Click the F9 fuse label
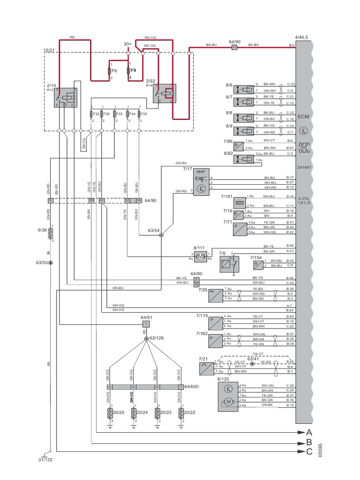(133, 71)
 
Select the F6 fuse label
(115, 71)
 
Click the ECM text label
(304, 116)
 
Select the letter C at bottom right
(308, 452)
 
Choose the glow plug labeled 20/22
(189, 412)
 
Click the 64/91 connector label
(147, 317)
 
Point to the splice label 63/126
(157, 338)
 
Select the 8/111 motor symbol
(200, 256)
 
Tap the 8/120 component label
(224, 378)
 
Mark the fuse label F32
(96, 113)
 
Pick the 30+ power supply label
(127, 44)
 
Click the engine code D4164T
(304, 166)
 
